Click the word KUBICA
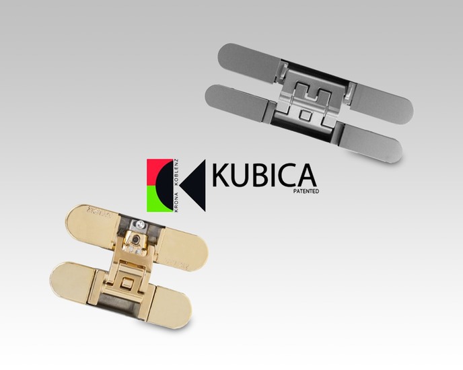(264, 176)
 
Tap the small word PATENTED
(306, 191)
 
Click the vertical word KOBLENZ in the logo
(177, 172)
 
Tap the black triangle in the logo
(193, 186)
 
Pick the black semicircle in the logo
(166, 186)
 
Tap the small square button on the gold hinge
(128, 284)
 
